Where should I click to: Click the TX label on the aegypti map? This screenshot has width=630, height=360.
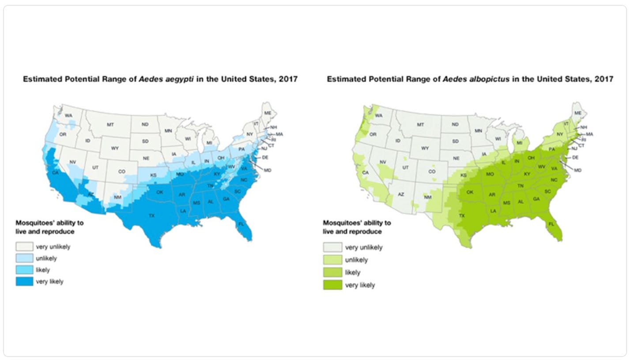point(151,216)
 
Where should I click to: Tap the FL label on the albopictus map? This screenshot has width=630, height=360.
point(551,224)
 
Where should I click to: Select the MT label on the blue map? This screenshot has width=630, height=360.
point(110,125)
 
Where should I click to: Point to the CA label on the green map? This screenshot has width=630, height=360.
point(365,172)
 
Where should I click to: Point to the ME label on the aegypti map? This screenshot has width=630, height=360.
point(268,113)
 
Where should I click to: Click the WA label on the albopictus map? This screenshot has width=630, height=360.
point(378,116)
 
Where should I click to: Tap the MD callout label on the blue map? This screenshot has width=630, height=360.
point(268,170)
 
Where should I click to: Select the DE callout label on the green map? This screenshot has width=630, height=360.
point(575,157)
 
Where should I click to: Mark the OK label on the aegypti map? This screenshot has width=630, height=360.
point(160,192)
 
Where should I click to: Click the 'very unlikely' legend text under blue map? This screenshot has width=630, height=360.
point(53,247)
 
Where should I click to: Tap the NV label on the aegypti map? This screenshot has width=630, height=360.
point(73,162)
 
